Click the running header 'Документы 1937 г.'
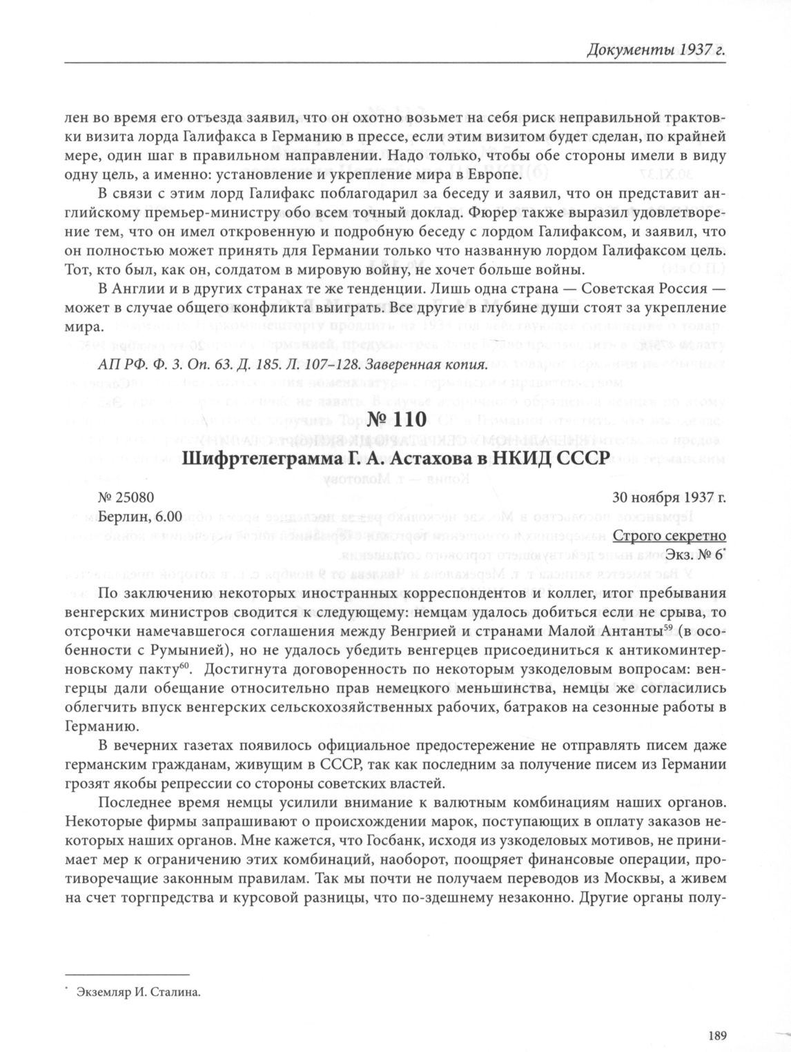pos(656,50)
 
